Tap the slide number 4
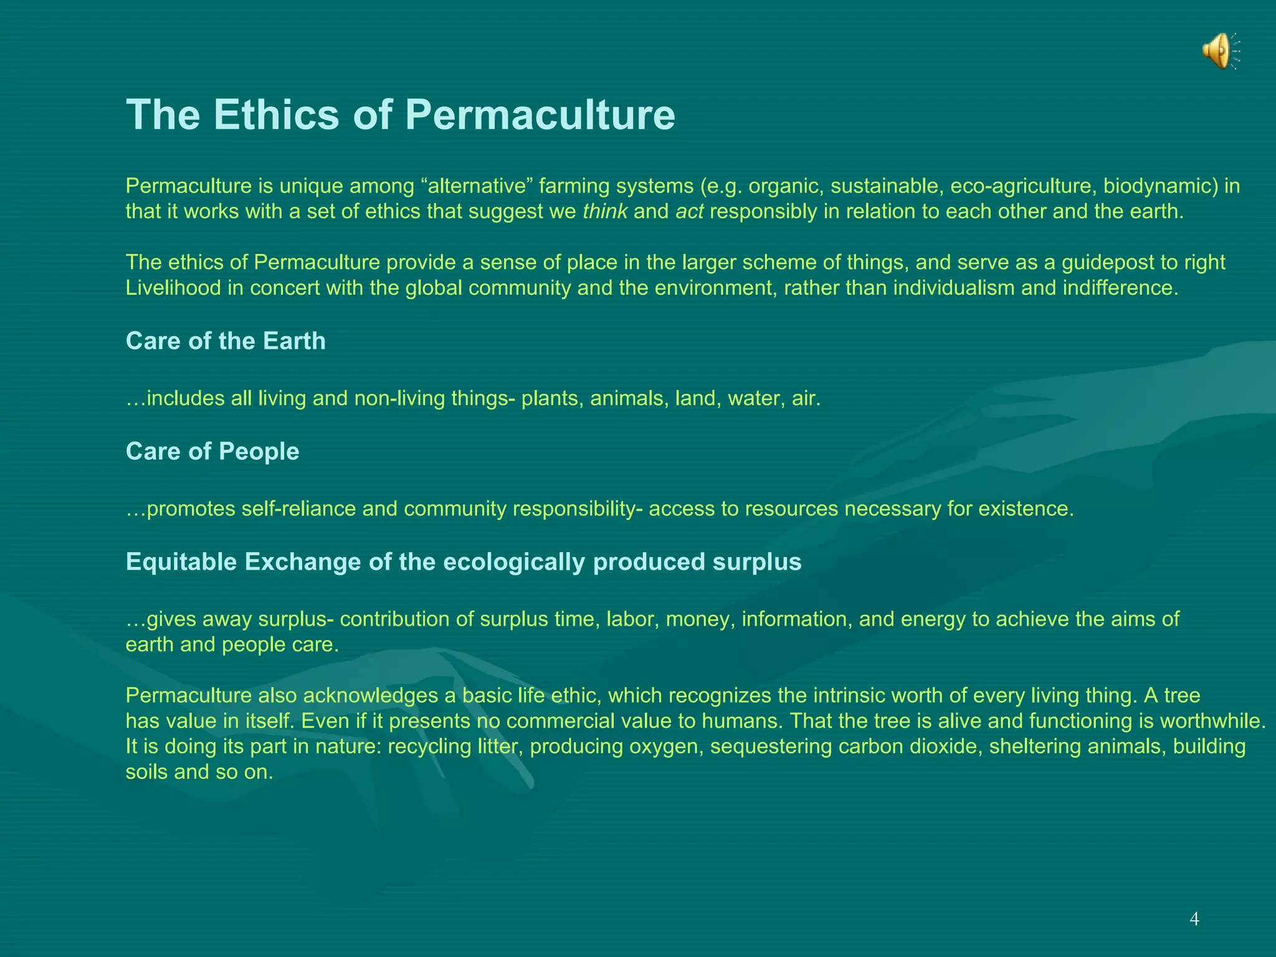click(1194, 919)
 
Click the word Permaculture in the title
click(540, 115)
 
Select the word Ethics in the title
click(276, 115)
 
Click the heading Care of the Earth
click(226, 341)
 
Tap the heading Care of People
click(212, 452)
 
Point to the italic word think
click(604, 212)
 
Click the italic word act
click(689, 212)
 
